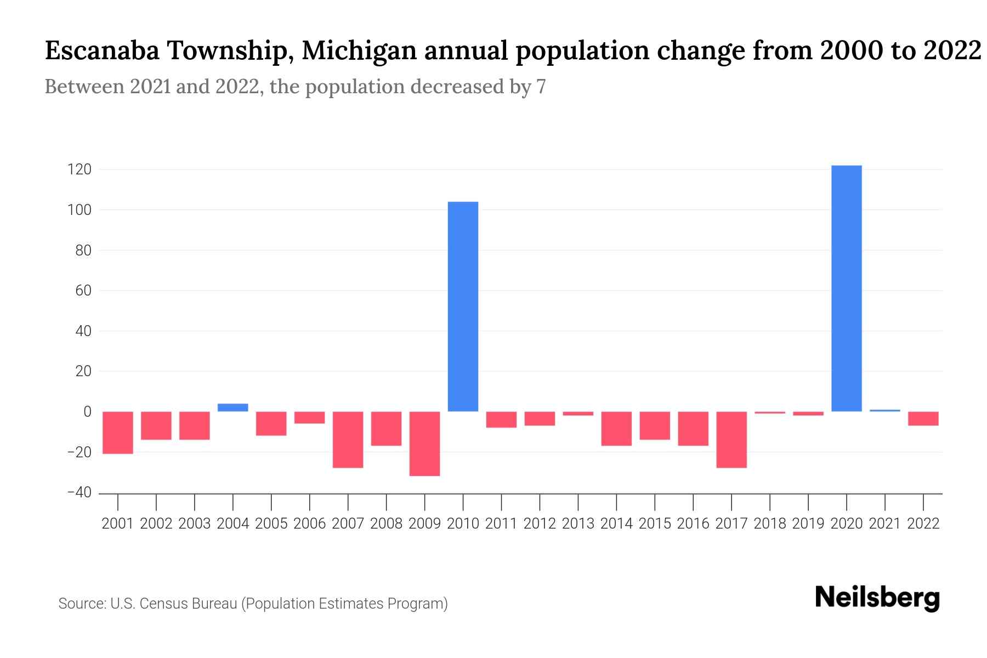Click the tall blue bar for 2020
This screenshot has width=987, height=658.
click(x=846, y=288)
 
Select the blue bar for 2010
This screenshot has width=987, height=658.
click(x=463, y=307)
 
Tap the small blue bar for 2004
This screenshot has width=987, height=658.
click(x=233, y=407)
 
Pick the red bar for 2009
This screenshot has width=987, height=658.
click(x=424, y=444)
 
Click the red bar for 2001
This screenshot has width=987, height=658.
click(x=118, y=433)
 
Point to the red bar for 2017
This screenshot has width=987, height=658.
click(x=731, y=440)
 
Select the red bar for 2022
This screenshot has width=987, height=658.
click(x=923, y=418)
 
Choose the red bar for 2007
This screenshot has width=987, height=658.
click(x=348, y=440)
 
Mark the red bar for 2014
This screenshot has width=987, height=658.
click(x=616, y=428)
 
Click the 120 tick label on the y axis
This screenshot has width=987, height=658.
click(x=79, y=169)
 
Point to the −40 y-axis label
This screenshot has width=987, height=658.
click(x=79, y=492)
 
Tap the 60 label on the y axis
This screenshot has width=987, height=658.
click(x=82, y=291)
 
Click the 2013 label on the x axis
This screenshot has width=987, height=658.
click(x=578, y=524)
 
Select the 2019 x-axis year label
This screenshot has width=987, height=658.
click(x=808, y=524)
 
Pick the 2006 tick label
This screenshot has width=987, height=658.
click(x=309, y=524)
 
